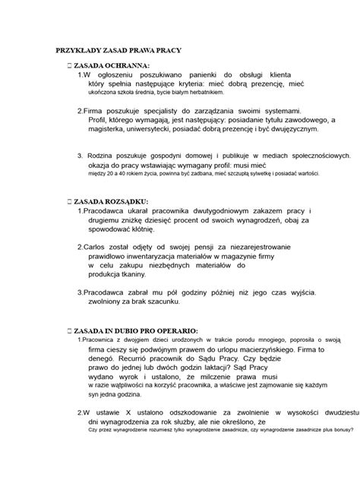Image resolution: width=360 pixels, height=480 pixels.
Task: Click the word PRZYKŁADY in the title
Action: point(74,51)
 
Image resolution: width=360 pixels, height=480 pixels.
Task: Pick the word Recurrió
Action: point(136,358)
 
